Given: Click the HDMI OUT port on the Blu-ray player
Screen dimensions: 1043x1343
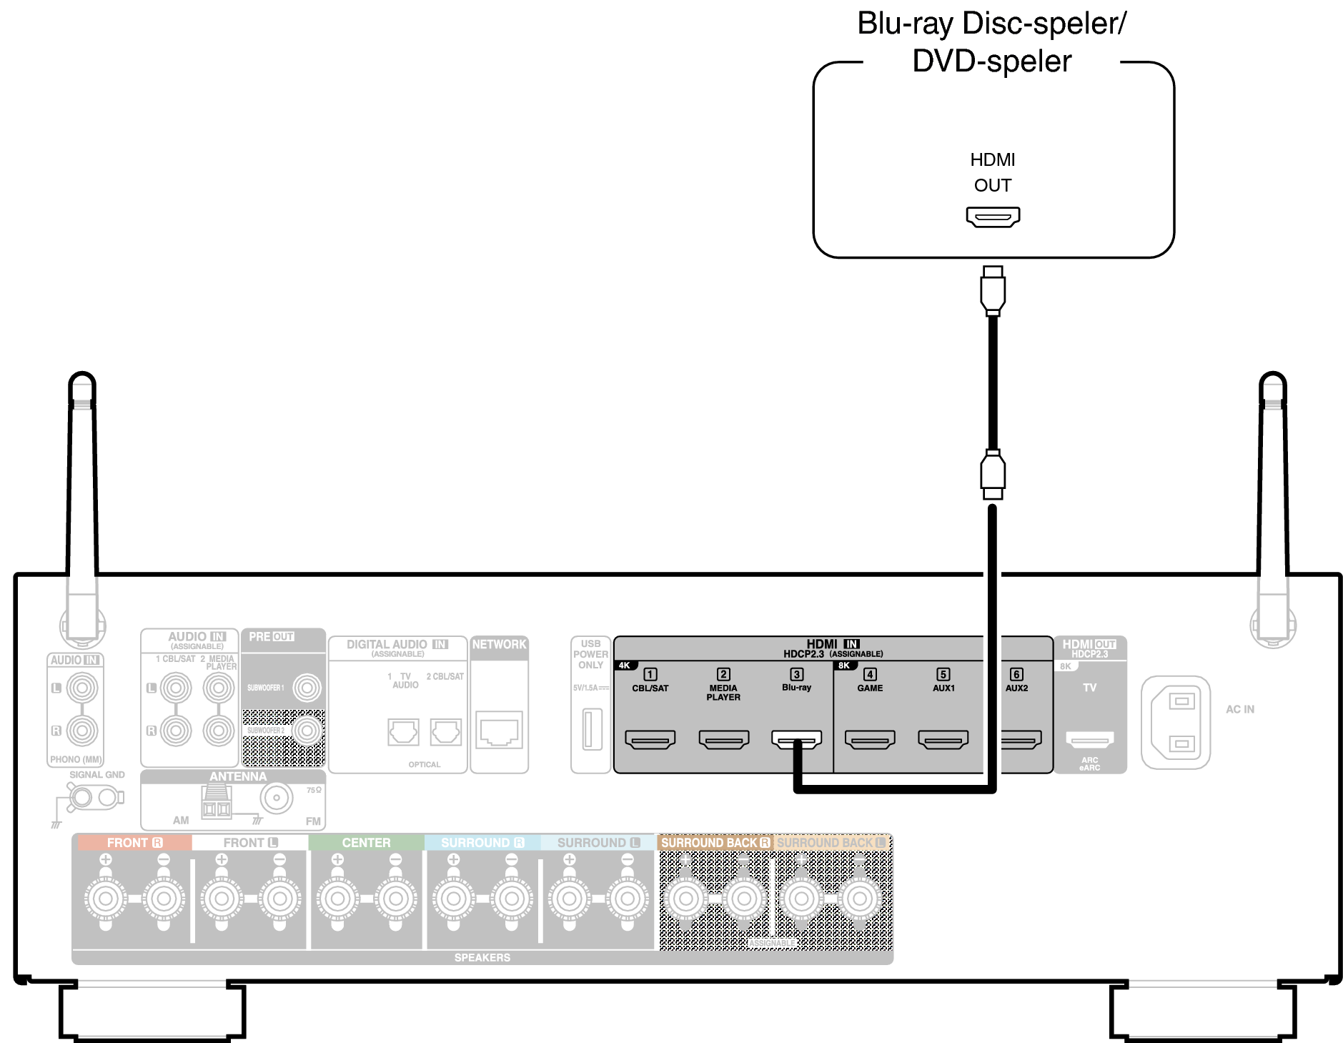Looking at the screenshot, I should (992, 216).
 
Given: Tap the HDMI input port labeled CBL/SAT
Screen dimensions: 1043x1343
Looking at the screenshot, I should (650, 738).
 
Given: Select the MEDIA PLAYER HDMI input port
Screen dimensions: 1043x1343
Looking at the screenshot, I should (723, 738).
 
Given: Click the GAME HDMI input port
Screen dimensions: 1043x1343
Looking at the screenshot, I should (869, 738).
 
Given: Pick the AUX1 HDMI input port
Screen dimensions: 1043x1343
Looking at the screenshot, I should (943, 738).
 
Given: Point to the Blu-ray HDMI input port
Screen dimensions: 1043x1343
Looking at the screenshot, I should (796, 738).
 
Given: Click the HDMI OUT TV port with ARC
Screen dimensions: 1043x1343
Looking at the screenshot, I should (1089, 739).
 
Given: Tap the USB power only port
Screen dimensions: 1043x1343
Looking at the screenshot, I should (591, 728).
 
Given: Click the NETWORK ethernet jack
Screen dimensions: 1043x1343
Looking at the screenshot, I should (499, 730).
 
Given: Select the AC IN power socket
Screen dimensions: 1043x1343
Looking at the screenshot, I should (1175, 722).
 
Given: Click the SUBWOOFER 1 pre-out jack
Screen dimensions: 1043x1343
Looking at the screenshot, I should (307, 688).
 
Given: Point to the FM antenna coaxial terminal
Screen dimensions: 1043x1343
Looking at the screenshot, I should (276, 798).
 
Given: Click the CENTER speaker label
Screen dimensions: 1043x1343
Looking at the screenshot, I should (366, 843).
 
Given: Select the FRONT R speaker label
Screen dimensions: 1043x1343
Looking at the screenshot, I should (134, 843).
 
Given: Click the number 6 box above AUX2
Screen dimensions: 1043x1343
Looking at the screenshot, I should (1016, 674).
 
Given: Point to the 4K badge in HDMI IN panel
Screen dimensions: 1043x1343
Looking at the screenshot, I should (625, 666).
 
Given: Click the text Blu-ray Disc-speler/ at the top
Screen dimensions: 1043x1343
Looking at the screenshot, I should (991, 24).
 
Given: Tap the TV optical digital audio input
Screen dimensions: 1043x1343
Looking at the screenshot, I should (403, 731).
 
